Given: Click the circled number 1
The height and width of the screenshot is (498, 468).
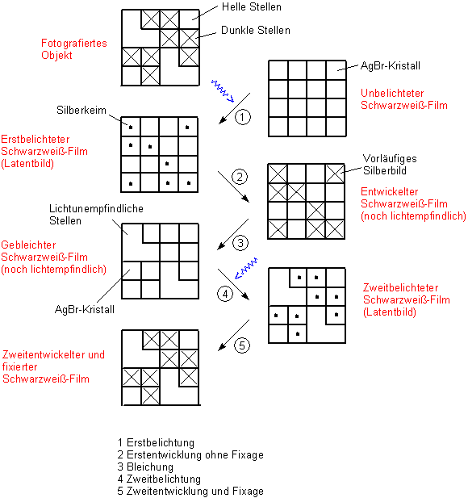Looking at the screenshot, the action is coord(243,117).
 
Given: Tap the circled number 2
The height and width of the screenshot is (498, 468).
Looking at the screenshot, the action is coord(240,177).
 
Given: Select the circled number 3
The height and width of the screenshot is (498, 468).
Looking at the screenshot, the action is coord(240,243).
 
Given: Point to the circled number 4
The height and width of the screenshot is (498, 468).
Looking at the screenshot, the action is coord(225,294).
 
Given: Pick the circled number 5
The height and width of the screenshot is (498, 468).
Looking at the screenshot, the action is coord(242,345).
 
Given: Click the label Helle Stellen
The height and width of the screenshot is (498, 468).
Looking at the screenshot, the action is coord(252,7).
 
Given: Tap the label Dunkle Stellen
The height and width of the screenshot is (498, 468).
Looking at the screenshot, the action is coord(256,30).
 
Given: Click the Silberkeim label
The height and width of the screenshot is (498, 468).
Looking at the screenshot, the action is coord(81,110).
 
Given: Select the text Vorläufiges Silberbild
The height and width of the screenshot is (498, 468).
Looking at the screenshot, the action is coord(390,165).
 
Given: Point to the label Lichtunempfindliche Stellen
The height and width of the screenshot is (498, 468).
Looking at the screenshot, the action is coord(96,215).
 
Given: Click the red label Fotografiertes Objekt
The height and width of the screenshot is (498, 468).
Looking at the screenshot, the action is coord(74,49).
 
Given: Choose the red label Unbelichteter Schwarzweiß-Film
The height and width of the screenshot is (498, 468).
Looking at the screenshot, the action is coord(404,99).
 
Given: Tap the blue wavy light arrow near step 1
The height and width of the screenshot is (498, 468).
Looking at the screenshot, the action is coord(223,91).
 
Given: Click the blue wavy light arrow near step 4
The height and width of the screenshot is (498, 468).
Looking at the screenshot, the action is coord(246,269).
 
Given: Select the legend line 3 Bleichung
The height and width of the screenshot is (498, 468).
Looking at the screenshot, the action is coord(145,467).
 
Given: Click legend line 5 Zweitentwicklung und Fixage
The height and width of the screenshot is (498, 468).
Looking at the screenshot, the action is coord(190,491).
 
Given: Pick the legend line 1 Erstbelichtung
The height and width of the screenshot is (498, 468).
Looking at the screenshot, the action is coord(156,443).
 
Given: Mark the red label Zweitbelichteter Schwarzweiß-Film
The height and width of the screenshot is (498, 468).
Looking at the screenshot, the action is coord(407,299).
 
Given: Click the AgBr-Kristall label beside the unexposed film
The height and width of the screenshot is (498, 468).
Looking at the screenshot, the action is coord(391,65).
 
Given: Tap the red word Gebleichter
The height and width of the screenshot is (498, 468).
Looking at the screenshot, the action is coord(28,245).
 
